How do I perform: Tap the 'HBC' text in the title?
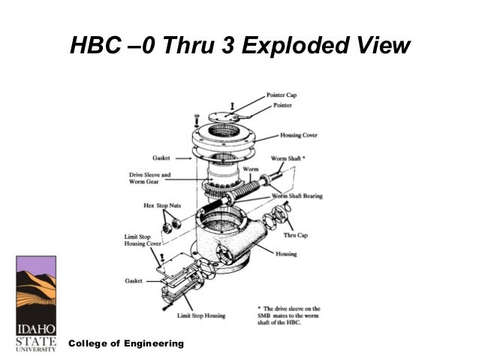[95, 47]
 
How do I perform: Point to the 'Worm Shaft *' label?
[288, 159]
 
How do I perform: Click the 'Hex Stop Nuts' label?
[161, 204]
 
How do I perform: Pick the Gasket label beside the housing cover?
[161, 159]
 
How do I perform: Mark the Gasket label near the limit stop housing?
[134, 280]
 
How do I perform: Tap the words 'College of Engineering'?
[126, 343]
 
